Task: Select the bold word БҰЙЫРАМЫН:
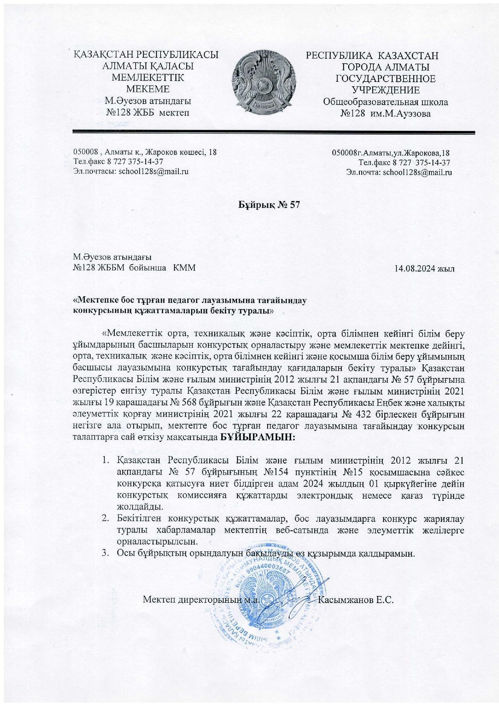point(258,437)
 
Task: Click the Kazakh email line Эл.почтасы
point(131,171)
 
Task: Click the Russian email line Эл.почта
point(399,172)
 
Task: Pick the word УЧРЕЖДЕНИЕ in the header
point(386,90)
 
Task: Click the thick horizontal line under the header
point(274,132)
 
